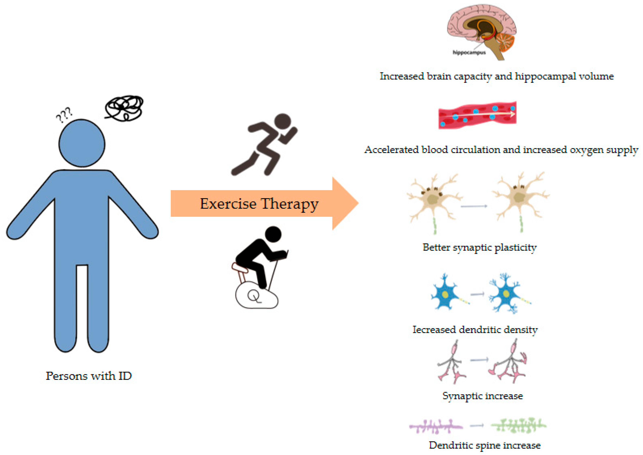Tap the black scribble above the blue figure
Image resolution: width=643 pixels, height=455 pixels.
124,108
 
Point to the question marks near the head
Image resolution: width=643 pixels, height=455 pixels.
64,115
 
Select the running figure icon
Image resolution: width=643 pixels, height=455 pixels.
265,144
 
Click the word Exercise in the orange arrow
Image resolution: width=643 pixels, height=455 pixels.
228,204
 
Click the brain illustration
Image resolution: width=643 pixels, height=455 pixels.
482,31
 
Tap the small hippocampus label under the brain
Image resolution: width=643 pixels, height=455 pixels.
469,52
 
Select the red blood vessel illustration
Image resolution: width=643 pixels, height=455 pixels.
477,115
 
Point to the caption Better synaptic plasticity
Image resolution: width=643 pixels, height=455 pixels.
479,248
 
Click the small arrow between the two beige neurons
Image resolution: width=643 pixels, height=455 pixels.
474,206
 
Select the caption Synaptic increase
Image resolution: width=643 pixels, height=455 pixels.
483,396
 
